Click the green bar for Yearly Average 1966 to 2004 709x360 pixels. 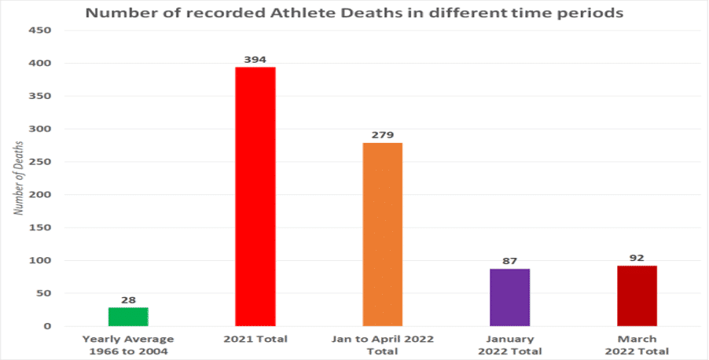128,316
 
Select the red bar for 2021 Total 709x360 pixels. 255,197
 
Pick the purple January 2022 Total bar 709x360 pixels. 510,297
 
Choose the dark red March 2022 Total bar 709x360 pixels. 637,296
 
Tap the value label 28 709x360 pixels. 128,300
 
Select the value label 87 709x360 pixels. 510,261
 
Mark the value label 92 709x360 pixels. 637,258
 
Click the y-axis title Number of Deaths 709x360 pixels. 18,178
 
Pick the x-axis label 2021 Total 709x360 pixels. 255,339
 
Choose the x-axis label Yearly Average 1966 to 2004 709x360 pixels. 128,344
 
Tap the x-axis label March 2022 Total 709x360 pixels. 637,344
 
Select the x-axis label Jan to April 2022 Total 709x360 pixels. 383,344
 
